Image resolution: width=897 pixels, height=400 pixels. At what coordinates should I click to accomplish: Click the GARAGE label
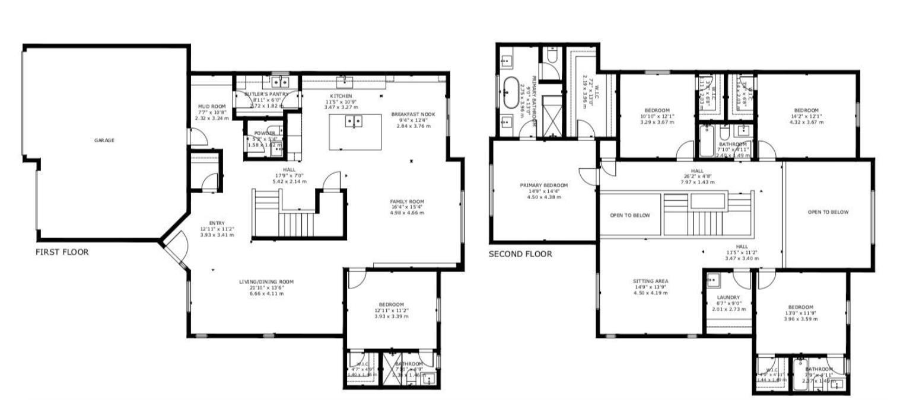coord(104,140)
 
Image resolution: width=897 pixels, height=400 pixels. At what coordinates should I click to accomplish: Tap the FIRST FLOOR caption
coord(62,252)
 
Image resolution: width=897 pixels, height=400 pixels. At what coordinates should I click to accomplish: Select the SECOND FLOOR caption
coord(520,254)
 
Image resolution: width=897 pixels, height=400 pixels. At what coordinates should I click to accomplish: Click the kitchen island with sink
coord(354,132)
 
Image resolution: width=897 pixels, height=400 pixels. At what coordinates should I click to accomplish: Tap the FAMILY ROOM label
coord(407,201)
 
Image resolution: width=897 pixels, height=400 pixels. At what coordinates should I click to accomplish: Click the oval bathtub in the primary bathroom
coord(510,94)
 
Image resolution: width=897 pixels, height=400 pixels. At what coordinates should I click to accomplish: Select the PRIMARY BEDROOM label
coord(539,185)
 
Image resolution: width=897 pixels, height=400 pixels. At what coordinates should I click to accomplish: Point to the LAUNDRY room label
coord(728,297)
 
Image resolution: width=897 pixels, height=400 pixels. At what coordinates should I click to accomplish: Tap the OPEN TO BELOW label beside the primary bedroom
coord(629,216)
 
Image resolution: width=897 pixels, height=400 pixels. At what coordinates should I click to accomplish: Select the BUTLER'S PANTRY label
coord(266,94)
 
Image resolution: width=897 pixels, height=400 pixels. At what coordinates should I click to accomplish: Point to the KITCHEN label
coord(341,96)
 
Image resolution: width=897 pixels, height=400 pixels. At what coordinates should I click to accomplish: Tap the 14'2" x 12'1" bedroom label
coord(806,111)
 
